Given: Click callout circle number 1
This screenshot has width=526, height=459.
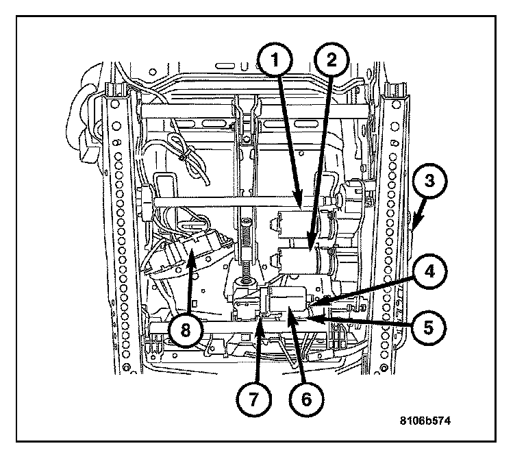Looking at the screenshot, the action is tap(275, 60).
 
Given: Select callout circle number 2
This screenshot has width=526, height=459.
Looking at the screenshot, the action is tap(331, 60).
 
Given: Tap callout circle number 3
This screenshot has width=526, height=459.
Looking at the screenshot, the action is tap(429, 182).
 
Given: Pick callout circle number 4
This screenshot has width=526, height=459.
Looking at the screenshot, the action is tap(429, 271).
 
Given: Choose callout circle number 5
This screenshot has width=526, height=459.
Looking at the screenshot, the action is tap(429, 328).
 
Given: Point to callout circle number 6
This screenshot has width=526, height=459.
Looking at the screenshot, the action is tap(306, 399).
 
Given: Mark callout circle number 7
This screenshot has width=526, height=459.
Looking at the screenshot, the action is tap(253, 399).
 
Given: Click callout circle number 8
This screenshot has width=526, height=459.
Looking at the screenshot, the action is tap(186, 330).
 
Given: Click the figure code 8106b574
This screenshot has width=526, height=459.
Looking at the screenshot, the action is tap(425, 421).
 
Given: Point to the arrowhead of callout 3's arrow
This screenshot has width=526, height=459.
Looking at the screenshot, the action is tap(413, 229).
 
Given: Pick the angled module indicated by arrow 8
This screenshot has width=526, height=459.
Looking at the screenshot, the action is tap(190, 250).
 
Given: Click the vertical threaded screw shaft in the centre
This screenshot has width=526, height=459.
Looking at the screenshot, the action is tap(247, 251).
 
